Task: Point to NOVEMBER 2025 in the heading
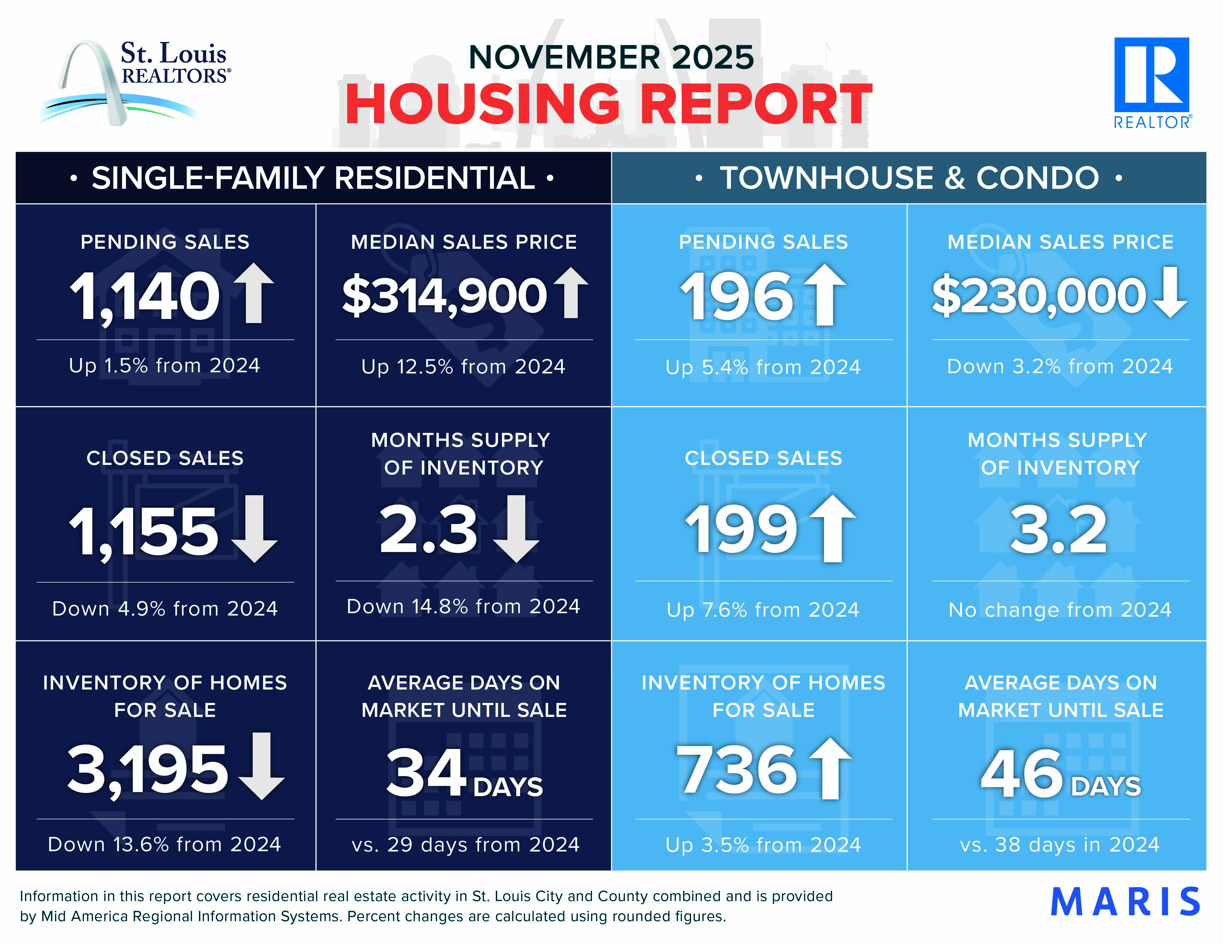(611, 57)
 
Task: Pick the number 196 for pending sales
(737, 297)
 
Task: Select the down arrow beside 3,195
(262, 766)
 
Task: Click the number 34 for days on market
(427, 773)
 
